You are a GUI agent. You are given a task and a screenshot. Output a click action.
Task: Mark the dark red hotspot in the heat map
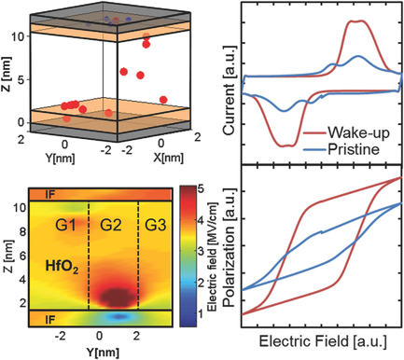(114, 297)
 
